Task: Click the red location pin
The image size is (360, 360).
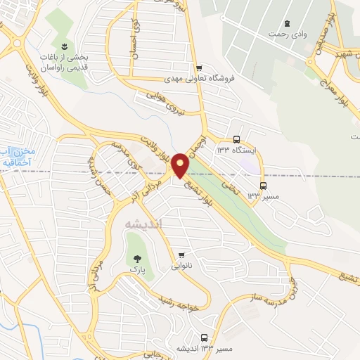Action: click(181, 165)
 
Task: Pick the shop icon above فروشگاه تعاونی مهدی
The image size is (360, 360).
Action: click(200, 68)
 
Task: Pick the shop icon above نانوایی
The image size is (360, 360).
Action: click(183, 255)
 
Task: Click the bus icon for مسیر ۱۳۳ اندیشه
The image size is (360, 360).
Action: click(203, 337)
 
